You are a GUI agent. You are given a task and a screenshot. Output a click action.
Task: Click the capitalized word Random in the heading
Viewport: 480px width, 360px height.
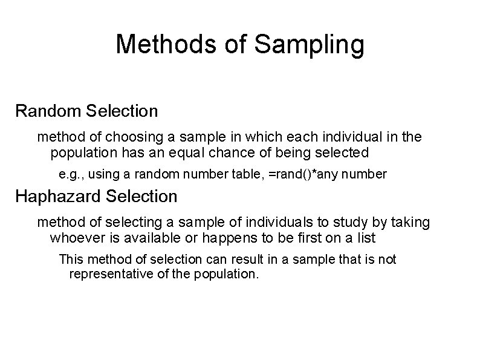[48, 111]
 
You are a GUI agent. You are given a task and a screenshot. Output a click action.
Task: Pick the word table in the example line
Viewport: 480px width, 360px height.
[247, 175]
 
